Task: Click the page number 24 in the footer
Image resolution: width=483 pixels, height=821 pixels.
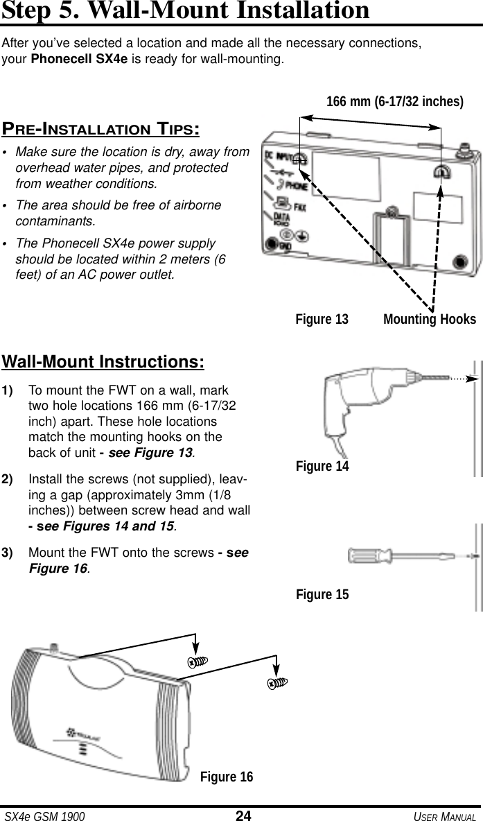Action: [x=243, y=815]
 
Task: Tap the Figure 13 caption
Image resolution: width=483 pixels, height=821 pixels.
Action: [x=322, y=320]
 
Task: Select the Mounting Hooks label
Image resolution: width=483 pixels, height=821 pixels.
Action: [x=429, y=320]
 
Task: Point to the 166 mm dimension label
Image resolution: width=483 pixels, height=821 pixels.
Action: [x=395, y=103]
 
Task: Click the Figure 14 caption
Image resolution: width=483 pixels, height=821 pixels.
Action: [x=322, y=467]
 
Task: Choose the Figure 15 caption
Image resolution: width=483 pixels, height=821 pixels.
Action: [x=322, y=595]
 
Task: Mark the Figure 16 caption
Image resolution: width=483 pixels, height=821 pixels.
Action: [x=227, y=777]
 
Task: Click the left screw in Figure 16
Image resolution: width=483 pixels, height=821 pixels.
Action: [x=197, y=661]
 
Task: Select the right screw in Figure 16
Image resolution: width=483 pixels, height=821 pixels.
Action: [x=277, y=683]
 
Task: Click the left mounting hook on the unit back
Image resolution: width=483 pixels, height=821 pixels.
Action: [x=300, y=157]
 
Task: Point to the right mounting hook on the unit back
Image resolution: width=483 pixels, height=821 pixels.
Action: [x=441, y=171]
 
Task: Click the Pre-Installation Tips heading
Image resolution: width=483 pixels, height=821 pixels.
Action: [x=102, y=129]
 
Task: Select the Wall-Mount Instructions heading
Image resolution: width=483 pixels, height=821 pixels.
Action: [x=104, y=363]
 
